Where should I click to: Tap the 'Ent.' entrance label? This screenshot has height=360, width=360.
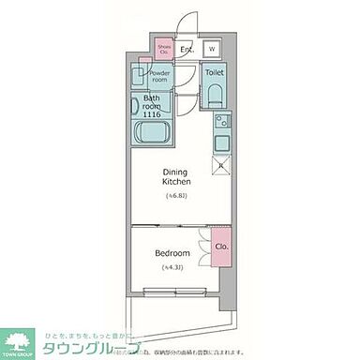pos(187,50)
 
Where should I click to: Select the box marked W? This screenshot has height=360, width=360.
pos(211,50)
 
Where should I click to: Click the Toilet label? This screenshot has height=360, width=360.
pos(215,71)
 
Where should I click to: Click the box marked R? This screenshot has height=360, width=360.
pos(219,166)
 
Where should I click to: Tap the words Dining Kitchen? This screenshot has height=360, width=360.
pos(177,176)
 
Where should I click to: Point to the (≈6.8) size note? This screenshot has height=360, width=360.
pos(177,195)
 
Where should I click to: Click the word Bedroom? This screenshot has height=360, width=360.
pos(174,254)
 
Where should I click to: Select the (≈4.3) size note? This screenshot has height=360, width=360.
pos(174,269)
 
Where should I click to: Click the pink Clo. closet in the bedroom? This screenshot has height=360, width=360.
pos(220,247)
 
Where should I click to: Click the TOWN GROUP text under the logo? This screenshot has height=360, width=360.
pos(20,354)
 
